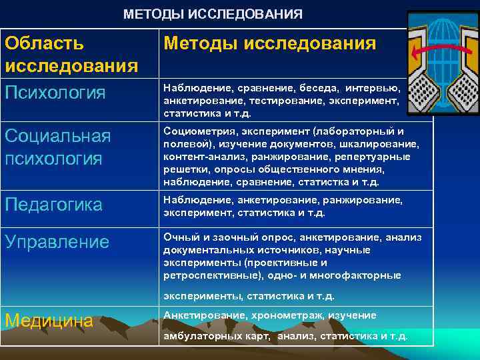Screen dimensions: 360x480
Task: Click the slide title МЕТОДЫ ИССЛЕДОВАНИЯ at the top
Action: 213,14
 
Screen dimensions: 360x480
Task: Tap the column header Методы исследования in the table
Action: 269,44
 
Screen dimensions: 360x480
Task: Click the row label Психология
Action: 55,93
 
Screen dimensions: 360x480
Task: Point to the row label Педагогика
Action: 53,205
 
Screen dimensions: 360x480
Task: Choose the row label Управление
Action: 57,241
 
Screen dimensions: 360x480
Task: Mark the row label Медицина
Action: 49,321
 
